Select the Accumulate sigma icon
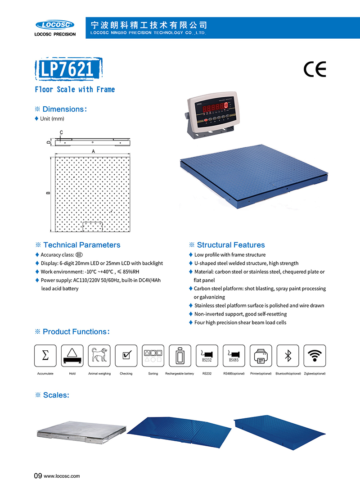(45, 356)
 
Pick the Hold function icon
(72, 356)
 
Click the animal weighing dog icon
(99, 356)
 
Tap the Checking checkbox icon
(126, 356)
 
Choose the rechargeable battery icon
(180, 356)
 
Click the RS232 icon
(207, 356)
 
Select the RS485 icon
(234, 356)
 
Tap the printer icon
(261, 356)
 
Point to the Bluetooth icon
(288, 356)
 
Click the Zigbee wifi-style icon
(315, 356)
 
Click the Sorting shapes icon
(153, 356)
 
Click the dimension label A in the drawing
(93, 152)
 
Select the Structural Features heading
(231, 245)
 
